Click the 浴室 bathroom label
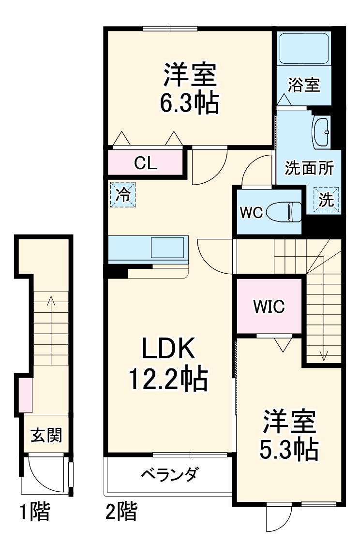(x=303, y=85)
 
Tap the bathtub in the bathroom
(x=304, y=50)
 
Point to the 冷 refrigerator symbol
(x=123, y=195)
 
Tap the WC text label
(x=251, y=212)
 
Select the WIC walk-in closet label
(x=269, y=306)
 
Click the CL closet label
(x=145, y=163)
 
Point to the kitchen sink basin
(x=167, y=248)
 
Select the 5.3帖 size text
(x=289, y=450)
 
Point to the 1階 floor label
(x=34, y=512)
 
